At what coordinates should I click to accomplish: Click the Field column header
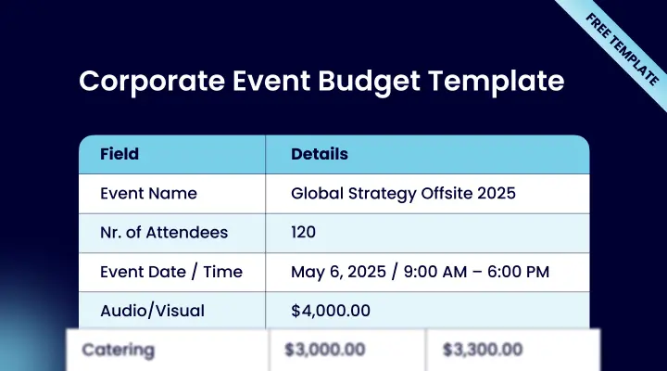[119, 154]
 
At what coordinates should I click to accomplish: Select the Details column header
[320, 154]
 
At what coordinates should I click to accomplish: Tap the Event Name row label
[148, 193]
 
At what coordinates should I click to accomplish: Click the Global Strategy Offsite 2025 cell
[403, 193]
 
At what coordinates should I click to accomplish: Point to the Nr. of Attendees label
[164, 232]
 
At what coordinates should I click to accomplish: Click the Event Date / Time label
[171, 272]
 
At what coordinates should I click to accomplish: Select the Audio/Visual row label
[152, 311]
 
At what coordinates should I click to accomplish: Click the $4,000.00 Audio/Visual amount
[332, 311]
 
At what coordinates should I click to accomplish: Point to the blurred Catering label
[118, 350]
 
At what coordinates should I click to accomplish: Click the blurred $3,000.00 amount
[324, 350]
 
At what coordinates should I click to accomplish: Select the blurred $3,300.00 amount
[482, 350]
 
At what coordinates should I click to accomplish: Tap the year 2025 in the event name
[496, 193]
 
